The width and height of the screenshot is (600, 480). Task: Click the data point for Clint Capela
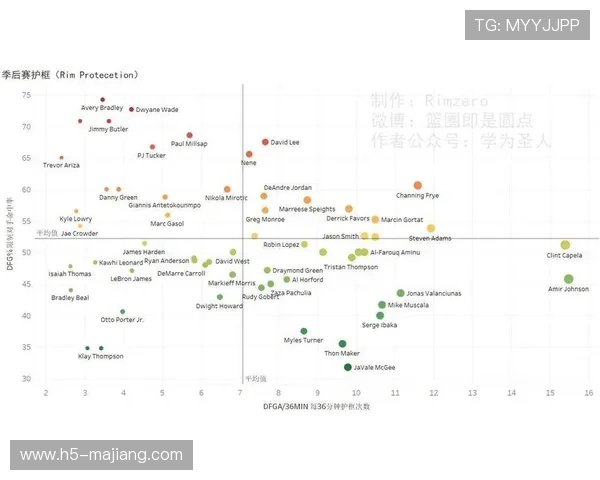(565, 245)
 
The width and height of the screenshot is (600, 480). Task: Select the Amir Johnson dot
(569, 279)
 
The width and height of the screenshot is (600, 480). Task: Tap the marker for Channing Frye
(417, 185)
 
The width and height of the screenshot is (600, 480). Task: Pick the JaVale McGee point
(348, 367)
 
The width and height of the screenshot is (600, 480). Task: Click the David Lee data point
(265, 142)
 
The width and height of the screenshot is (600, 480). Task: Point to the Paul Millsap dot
(189, 135)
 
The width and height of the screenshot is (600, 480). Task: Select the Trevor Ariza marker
(61, 158)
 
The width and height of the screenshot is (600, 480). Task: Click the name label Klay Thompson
(100, 356)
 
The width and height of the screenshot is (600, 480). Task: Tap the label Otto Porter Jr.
(122, 320)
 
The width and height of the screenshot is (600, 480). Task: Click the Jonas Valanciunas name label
(433, 294)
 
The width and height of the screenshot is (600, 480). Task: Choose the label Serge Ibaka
(379, 325)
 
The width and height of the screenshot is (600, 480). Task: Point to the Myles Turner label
(304, 341)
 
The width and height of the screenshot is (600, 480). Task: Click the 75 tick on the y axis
(55, 97)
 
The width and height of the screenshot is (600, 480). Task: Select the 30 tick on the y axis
(55, 378)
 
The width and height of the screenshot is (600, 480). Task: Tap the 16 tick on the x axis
(588, 392)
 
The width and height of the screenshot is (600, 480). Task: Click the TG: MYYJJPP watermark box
(527, 25)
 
